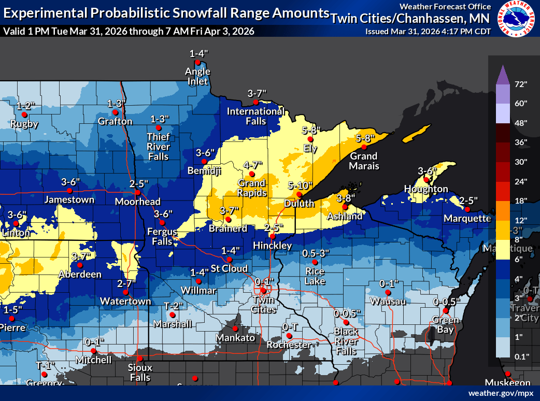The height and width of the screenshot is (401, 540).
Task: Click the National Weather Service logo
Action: [517, 20]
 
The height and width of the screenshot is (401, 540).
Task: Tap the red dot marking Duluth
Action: [299, 195]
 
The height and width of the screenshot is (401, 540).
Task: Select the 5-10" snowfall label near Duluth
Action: [300, 185]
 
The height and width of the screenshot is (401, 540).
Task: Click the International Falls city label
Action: [255, 116]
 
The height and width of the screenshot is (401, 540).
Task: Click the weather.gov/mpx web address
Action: [501, 393]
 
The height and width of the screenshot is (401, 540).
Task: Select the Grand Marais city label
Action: [364, 161]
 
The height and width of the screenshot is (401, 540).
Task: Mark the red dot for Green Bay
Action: [445, 311]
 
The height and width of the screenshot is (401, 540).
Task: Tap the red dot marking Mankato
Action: [235, 328]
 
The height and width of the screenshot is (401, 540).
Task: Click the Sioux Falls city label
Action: [139, 373]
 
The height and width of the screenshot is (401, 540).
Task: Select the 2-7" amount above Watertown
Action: [126, 283]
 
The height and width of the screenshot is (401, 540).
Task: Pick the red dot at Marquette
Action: [467, 209]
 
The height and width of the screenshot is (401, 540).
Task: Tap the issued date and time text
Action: [428, 31]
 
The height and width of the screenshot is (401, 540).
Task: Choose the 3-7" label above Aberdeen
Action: [81, 256]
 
